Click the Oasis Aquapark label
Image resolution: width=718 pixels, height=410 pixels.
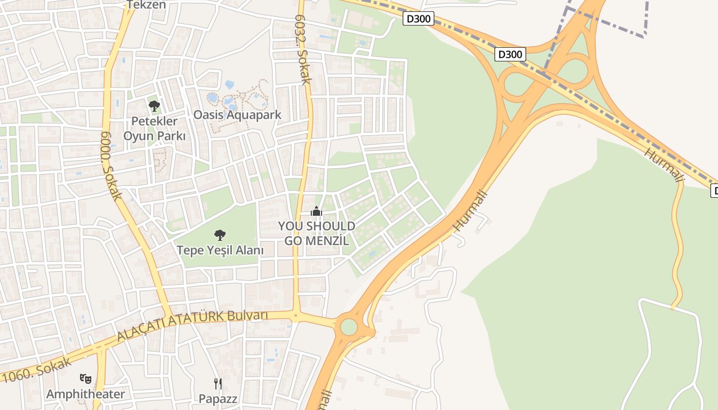click(x=237, y=114)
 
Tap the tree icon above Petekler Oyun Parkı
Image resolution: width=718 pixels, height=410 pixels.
click(x=154, y=106)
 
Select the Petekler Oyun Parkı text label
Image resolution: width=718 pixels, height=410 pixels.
click(x=154, y=129)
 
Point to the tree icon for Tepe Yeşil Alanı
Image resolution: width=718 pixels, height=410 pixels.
click(x=220, y=235)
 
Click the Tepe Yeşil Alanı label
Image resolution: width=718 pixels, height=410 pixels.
click(x=220, y=250)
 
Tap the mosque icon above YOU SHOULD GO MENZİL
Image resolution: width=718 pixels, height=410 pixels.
click(x=316, y=211)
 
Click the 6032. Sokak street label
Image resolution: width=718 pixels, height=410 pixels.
click(x=303, y=49)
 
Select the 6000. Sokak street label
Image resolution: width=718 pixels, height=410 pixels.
click(x=111, y=165)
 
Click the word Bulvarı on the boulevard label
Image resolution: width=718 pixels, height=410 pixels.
click(x=249, y=315)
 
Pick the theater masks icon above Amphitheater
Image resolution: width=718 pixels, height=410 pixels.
click(x=86, y=379)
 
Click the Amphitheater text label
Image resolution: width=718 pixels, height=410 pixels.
click(x=86, y=394)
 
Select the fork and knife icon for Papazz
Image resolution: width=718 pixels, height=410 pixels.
click(x=218, y=383)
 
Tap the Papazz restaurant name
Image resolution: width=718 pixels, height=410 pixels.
click(x=218, y=398)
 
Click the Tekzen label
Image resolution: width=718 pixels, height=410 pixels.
click(x=147, y=5)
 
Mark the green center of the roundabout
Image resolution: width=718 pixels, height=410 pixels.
click(x=349, y=327)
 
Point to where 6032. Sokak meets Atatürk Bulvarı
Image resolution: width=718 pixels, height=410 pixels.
click(x=295, y=315)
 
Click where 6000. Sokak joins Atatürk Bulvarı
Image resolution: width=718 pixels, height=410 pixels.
click(x=168, y=315)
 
